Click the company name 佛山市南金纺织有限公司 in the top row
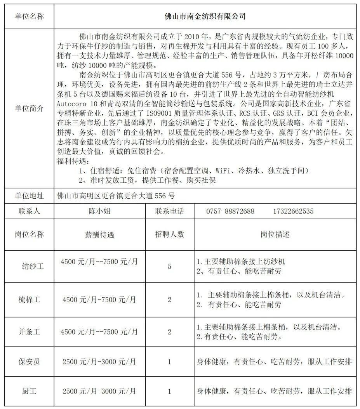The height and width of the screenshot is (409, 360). point(205,16)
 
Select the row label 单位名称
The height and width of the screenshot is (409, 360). point(29,16)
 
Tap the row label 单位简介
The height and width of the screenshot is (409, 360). point(29,109)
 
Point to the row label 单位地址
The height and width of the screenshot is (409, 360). point(29,195)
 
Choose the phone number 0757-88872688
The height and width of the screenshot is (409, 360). point(230,211)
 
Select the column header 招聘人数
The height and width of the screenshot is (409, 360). point(169,234)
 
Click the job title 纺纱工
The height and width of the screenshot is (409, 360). point(32,266)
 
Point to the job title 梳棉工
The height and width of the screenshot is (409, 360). point(29,300)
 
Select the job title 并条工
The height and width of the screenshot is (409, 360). point(29,332)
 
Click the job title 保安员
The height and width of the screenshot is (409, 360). point(29,362)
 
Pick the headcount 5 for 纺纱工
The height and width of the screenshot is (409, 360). point(169,266)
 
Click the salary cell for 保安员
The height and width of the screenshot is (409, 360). point(99,362)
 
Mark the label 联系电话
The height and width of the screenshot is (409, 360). point(169,211)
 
